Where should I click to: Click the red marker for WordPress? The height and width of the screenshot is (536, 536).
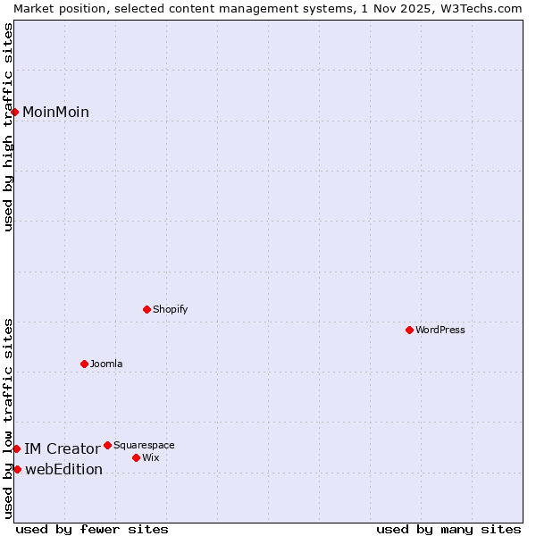point(409,330)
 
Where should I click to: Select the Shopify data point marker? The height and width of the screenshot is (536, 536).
point(147,309)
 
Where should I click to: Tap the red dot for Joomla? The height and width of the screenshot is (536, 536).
point(84,364)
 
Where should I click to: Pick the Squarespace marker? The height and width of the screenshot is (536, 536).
point(107,445)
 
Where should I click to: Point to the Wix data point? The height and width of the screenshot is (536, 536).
point(136,457)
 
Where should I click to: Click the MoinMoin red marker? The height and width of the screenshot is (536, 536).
point(15,112)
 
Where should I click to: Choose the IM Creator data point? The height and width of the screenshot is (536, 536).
point(16,448)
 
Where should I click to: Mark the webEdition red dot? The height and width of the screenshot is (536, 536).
point(17,469)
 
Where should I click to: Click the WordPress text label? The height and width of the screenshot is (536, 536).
point(440,330)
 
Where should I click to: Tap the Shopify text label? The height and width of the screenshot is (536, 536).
point(170,309)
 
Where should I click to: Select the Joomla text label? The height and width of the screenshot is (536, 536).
point(106,364)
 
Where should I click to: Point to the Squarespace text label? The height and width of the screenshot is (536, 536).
point(144,445)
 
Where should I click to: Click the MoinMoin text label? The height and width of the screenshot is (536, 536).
point(55,112)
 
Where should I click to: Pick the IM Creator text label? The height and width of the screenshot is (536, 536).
point(62,448)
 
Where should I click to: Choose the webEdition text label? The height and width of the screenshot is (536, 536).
point(63,469)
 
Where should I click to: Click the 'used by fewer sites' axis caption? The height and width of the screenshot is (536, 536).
point(92,529)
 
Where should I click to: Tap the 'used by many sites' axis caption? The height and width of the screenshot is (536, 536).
point(448,529)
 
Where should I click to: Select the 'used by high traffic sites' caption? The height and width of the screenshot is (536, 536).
point(8,127)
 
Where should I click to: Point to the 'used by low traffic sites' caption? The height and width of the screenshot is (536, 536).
point(8,418)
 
